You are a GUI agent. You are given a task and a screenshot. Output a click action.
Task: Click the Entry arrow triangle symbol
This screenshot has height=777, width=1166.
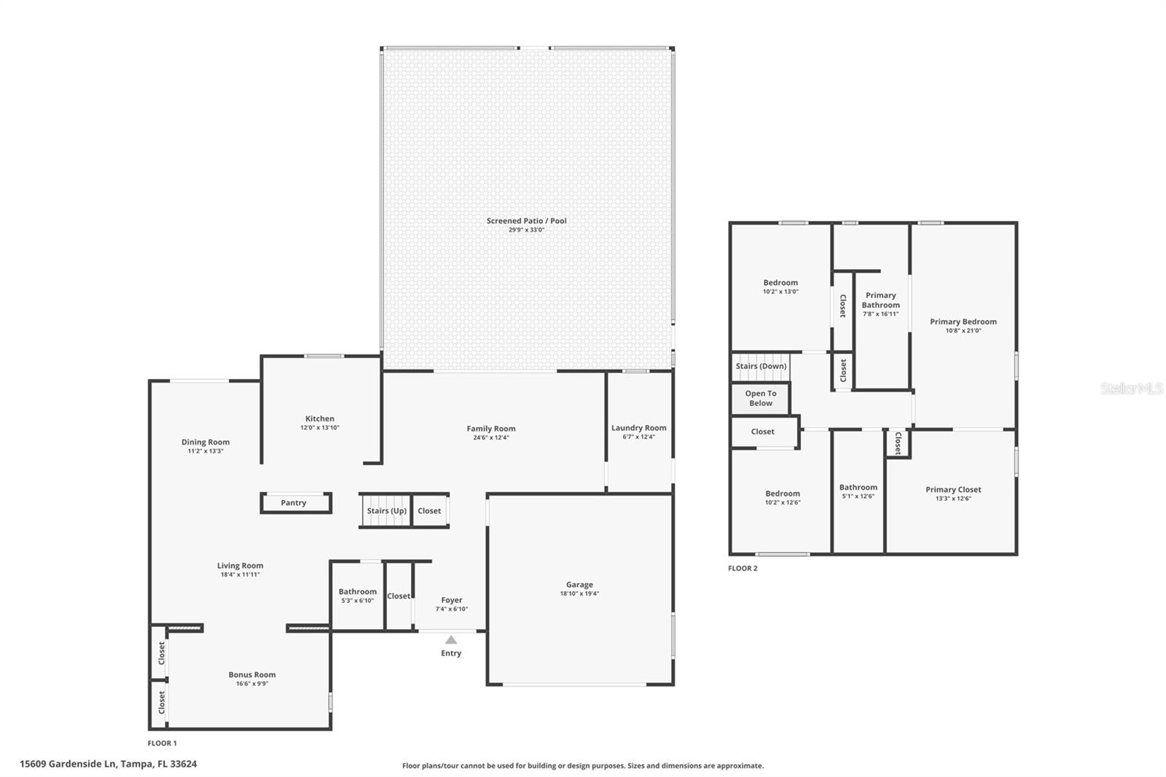[451, 639]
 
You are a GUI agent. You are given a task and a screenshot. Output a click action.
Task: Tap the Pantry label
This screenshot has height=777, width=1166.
[293, 502]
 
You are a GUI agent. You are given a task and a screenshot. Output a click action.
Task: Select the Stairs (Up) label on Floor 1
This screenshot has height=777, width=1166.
[386, 511]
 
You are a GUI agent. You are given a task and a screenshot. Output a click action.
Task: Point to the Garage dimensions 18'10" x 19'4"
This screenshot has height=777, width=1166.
[579, 593]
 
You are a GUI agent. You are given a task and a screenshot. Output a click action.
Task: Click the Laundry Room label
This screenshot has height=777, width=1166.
[638, 428]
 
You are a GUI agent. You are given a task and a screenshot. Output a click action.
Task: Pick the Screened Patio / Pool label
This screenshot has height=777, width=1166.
[526, 221]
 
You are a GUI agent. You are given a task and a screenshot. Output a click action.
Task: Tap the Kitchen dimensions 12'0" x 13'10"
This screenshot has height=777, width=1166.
[320, 428]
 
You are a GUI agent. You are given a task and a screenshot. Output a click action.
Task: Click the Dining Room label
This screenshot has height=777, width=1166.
[205, 442]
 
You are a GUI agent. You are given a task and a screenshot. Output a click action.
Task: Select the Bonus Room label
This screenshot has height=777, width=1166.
[252, 674]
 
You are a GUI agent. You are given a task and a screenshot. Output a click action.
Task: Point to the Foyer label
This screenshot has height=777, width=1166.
[451, 600]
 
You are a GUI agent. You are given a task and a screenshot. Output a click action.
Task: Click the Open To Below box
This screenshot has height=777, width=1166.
[761, 399]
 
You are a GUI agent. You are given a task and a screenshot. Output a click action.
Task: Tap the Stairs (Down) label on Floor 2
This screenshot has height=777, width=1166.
[761, 366]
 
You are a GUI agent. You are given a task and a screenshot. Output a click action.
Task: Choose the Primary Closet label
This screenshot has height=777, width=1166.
[953, 490]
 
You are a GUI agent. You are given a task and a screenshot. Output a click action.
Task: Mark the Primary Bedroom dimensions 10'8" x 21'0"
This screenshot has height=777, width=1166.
[963, 331]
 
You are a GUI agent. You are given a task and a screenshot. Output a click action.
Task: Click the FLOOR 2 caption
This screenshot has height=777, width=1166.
[743, 568]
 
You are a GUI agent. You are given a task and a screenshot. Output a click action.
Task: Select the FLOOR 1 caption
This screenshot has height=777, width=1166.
[162, 743]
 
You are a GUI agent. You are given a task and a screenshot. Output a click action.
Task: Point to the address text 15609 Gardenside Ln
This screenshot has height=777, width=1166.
[68, 764]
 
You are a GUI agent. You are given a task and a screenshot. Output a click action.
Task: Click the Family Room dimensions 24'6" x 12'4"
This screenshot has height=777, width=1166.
[491, 437]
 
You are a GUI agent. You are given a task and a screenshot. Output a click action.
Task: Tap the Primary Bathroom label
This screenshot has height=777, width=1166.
[880, 300]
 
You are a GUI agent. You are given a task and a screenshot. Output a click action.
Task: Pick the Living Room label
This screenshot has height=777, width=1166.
[240, 566]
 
